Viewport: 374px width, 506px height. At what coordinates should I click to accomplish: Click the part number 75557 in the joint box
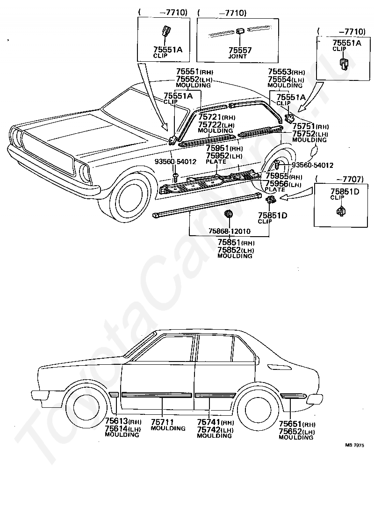pyautogui.click(x=240, y=50)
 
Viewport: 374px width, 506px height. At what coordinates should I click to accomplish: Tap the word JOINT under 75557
pyautogui.click(x=237, y=57)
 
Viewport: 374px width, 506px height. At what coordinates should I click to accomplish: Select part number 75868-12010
pyautogui.click(x=230, y=231)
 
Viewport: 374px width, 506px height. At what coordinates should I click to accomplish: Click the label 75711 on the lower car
pyautogui.click(x=162, y=422)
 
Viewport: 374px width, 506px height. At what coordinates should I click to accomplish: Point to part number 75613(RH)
pyautogui.click(x=123, y=421)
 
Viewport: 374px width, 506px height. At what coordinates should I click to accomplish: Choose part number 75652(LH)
pyautogui.click(x=296, y=432)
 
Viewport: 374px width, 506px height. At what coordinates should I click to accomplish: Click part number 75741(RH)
pyautogui.click(x=216, y=422)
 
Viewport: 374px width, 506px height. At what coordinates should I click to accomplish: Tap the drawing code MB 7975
pyautogui.click(x=355, y=445)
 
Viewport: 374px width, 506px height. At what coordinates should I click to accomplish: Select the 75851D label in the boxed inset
pyautogui.click(x=345, y=191)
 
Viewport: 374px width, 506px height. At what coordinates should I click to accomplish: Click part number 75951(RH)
pyautogui.click(x=224, y=148)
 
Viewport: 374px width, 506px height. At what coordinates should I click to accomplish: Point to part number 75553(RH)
pyautogui.click(x=287, y=72)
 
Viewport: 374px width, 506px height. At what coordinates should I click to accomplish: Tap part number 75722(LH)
pyautogui.click(x=216, y=124)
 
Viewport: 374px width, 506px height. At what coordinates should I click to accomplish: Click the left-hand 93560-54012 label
pyautogui.click(x=175, y=162)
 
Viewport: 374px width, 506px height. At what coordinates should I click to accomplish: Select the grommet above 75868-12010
pyautogui.click(x=229, y=213)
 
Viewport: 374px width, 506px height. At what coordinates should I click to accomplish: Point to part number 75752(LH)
pyautogui.click(x=310, y=134)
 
